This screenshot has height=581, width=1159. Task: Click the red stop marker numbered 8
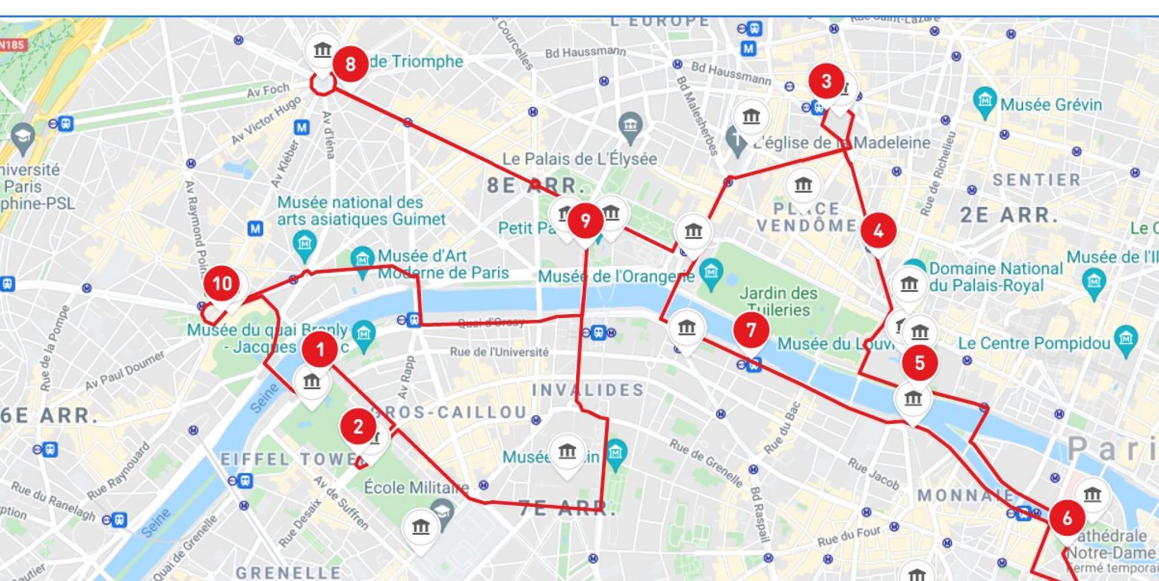(x=350, y=64)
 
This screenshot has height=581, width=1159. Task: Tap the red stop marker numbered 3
(x=826, y=81)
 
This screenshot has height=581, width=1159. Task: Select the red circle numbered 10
(x=222, y=283)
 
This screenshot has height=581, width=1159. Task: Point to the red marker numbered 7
(x=751, y=330)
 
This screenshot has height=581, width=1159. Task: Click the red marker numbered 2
(x=358, y=427)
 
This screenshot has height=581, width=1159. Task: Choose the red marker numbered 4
(x=878, y=231)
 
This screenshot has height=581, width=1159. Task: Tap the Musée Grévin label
(x=1051, y=105)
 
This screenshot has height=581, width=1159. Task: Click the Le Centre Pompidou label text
(x=1033, y=343)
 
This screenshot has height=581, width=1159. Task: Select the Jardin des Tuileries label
(x=778, y=302)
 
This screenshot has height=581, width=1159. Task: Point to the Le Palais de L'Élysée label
(x=579, y=159)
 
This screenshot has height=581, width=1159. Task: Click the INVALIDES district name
(x=588, y=390)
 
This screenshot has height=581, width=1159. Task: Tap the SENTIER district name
(x=1037, y=180)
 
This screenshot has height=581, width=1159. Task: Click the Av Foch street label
(x=268, y=91)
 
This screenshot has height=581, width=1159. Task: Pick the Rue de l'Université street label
(x=499, y=352)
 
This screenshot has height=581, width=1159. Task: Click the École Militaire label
(x=416, y=487)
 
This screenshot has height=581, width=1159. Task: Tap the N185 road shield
(x=12, y=44)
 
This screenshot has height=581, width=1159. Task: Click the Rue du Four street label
(x=849, y=536)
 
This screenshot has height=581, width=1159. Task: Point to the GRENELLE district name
(x=288, y=573)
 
